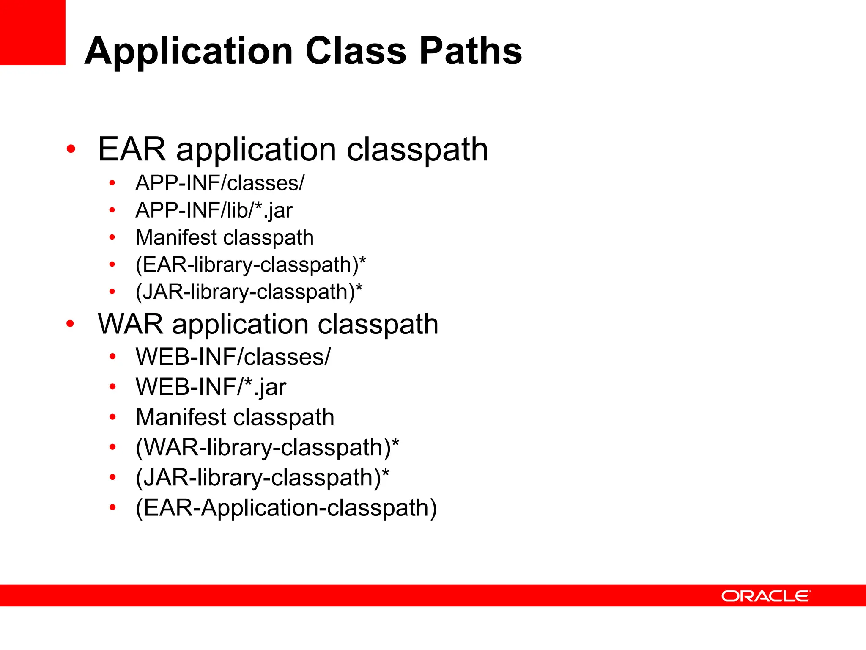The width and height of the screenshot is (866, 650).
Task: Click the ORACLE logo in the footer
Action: coord(766,596)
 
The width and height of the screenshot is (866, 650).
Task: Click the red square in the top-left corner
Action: coord(33,32)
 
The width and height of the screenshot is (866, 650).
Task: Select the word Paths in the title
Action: coord(471,51)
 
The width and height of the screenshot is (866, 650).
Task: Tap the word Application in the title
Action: coord(189,51)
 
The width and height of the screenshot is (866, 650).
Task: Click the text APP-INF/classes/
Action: coord(219,183)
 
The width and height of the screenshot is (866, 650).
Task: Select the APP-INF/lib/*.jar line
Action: coord(214,210)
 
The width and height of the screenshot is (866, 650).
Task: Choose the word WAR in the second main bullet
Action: coord(130,325)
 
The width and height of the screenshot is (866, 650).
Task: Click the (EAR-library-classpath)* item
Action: coord(250,265)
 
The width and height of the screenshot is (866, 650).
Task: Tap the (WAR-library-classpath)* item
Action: coord(267,447)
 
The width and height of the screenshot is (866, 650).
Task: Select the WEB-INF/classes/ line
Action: coord(233,357)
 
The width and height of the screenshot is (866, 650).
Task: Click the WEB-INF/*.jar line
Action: coord(211,387)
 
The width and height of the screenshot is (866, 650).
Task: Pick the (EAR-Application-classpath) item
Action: coord(286,508)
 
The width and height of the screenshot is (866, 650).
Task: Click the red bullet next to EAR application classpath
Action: coord(71,149)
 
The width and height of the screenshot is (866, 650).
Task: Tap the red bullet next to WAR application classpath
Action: coord(70,324)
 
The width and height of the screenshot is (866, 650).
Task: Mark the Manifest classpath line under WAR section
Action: coord(235,417)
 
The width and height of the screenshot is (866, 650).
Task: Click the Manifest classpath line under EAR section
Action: coord(225,237)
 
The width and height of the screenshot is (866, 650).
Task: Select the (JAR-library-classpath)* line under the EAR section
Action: coord(249,292)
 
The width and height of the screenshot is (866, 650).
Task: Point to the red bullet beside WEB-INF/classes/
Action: coord(112,357)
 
